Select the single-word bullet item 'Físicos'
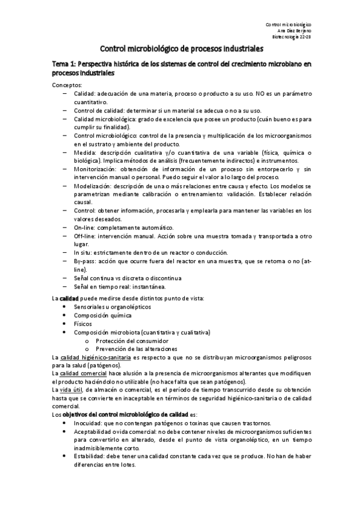tap(83, 324)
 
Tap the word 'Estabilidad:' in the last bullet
tap(91, 457)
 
